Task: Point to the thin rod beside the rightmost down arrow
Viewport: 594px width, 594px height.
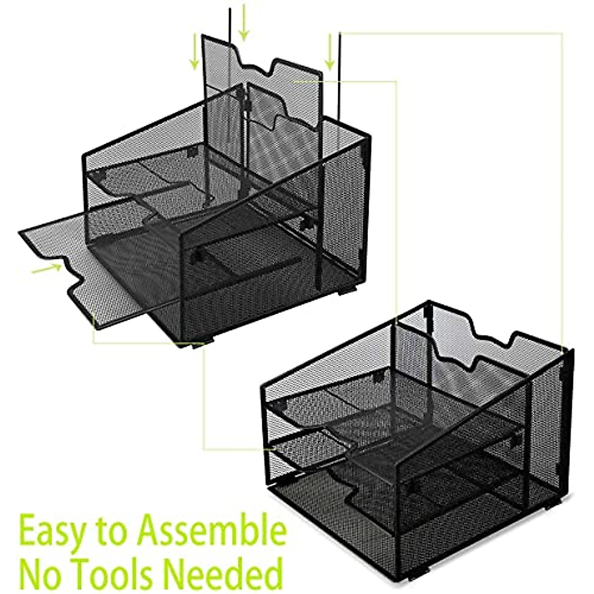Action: pos(340,74)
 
